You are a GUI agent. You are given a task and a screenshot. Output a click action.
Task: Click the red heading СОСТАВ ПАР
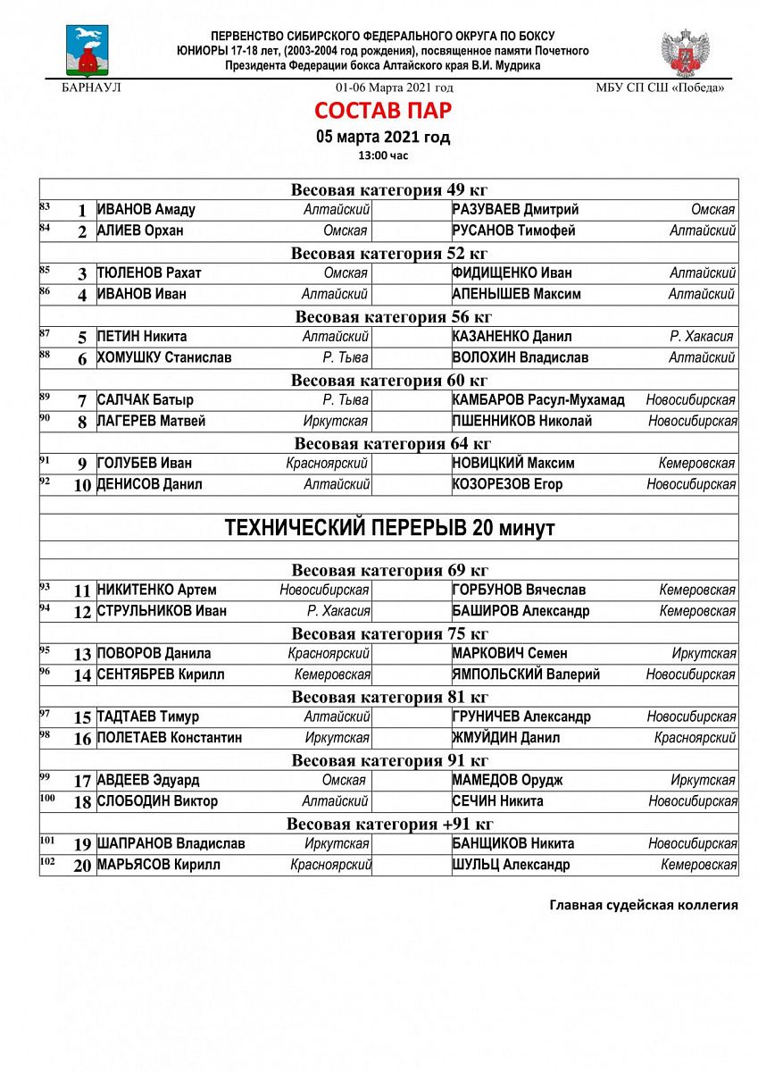point(382,111)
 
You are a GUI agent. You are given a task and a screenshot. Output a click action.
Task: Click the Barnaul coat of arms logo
point(87,51)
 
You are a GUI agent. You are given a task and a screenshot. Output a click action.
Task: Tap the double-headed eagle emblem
point(685,53)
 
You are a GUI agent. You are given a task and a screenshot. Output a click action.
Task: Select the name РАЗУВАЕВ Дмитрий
point(515,210)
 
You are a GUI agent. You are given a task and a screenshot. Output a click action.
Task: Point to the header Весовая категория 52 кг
point(389,253)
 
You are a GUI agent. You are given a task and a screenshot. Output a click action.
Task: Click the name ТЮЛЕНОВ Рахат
point(149,273)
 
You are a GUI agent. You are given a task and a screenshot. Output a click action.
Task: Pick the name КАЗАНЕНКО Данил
point(512,337)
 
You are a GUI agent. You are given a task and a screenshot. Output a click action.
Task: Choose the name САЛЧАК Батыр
point(146,400)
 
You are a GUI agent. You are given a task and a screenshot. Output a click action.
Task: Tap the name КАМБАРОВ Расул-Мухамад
point(538,400)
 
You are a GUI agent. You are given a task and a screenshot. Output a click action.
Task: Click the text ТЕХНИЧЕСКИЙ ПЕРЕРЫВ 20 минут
point(389,528)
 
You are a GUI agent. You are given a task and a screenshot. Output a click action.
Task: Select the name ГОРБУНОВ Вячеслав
point(520,590)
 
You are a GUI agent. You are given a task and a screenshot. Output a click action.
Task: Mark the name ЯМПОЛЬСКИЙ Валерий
point(526,675)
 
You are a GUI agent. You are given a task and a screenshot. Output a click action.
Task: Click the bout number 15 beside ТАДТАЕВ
point(83,717)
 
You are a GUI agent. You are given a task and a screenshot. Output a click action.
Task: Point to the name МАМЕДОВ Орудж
point(509,781)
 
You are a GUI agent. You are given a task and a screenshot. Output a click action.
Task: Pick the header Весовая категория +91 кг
point(389,824)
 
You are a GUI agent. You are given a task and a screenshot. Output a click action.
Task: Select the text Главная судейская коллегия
point(643,905)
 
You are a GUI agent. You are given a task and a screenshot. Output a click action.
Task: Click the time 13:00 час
point(382,155)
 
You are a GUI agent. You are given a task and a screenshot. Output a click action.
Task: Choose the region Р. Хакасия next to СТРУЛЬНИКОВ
point(338,612)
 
